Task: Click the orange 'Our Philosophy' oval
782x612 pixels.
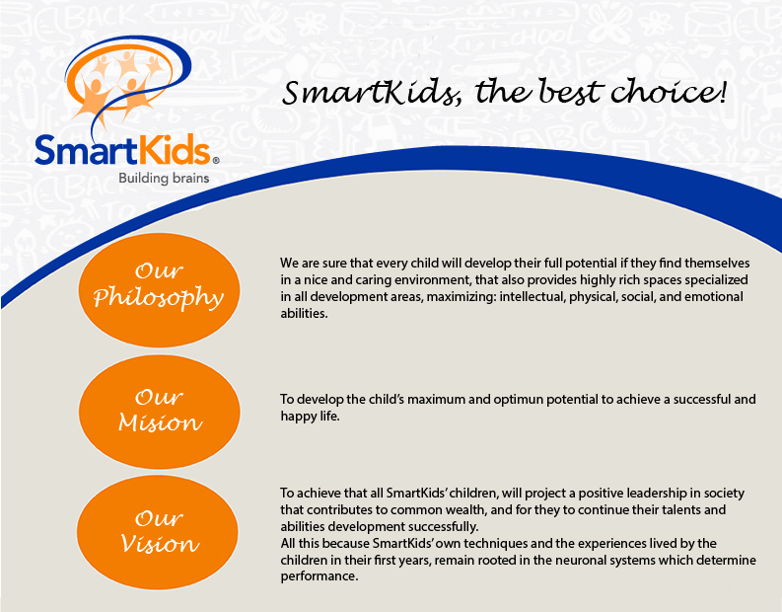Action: pyautogui.click(x=159, y=290)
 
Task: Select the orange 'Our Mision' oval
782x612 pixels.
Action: pyautogui.click(x=160, y=412)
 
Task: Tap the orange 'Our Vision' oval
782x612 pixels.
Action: pyautogui.click(x=158, y=532)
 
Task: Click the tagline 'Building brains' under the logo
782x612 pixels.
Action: pyautogui.click(x=164, y=179)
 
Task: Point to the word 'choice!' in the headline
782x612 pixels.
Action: pyautogui.click(x=669, y=92)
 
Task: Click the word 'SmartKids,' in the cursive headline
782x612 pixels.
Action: pyautogui.click(x=372, y=93)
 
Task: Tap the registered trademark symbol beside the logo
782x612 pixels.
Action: pyautogui.click(x=215, y=160)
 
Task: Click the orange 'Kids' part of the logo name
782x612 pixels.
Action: pyautogui.click(x=174, y=149)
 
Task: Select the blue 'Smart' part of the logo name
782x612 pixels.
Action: pyautogui.click(x=86, y=150)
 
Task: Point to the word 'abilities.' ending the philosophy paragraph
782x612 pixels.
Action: pyautogui.click(x=305, y=314)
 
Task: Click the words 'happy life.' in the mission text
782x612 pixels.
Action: pyautogui.click(x=310, y=417)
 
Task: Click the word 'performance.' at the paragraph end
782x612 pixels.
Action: pyautogui.click(x=320, y=576)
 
